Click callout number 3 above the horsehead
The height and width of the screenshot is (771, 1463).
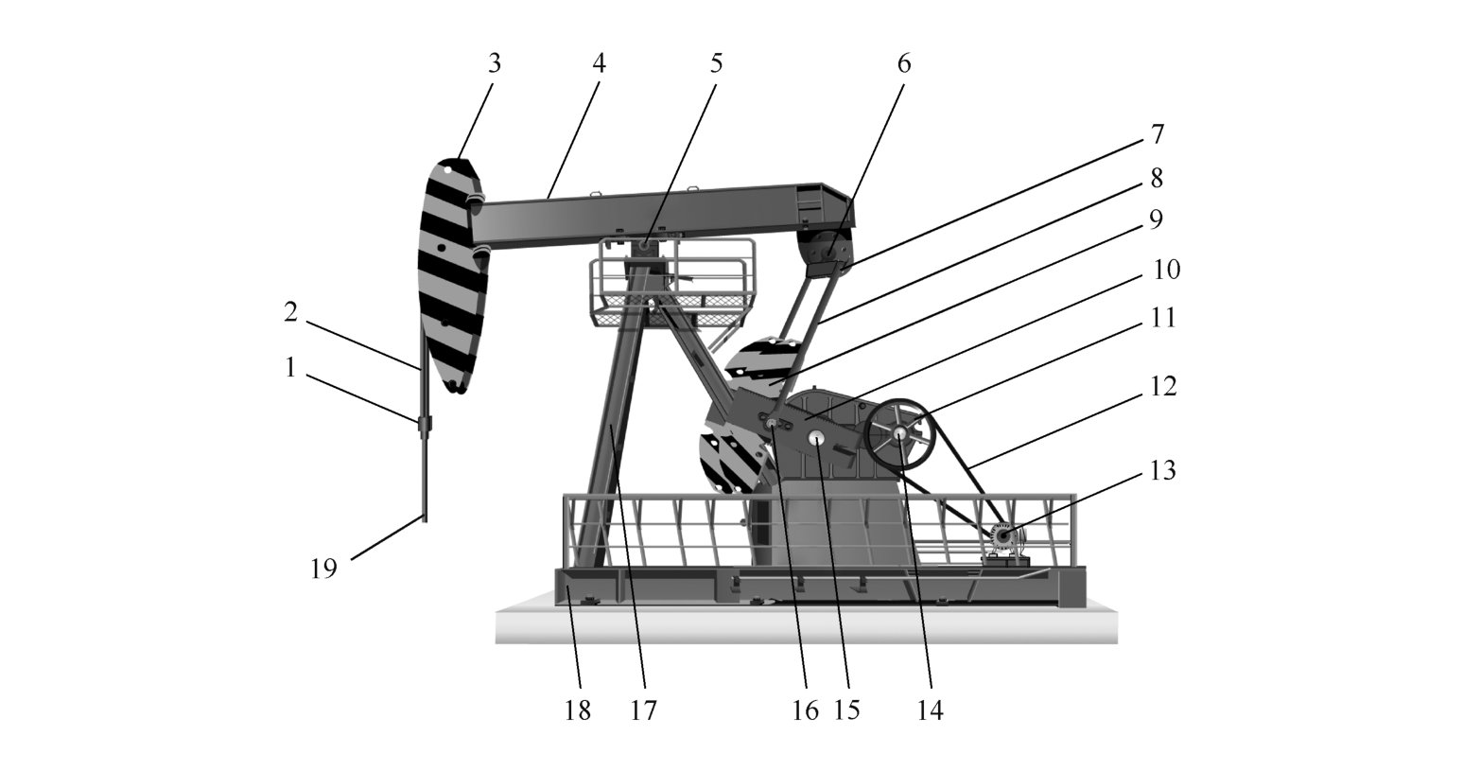494,63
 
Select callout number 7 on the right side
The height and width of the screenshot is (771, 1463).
1157,133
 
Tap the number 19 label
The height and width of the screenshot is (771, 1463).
323,569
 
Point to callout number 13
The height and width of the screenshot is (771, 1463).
1162,469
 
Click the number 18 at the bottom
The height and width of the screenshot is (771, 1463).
578,710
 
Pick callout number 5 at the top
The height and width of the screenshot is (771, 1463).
716,63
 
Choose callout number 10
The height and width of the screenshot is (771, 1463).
1167,270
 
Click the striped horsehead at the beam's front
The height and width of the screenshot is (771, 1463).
452,274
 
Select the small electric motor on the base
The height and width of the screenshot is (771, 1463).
1003,539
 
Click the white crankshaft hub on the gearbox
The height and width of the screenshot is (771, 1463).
816,439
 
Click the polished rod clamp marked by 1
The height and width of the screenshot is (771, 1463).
424,423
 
